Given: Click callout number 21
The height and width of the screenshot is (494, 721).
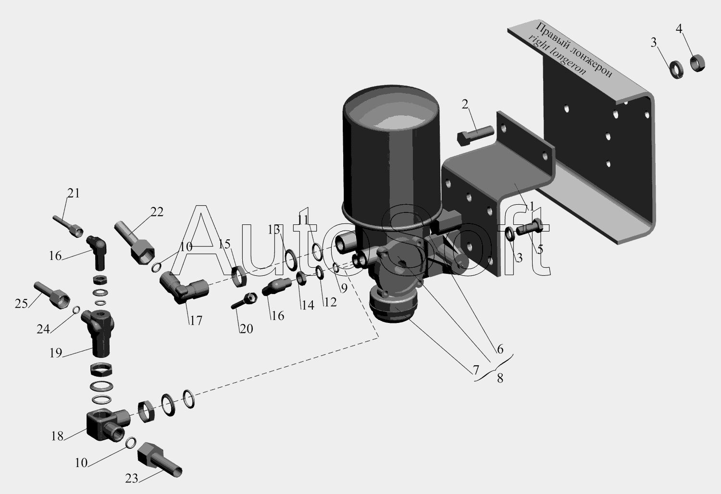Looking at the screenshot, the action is point(74,193).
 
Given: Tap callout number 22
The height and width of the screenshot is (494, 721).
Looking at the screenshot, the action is point(157,212).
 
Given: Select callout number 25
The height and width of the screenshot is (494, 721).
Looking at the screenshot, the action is point(21,304).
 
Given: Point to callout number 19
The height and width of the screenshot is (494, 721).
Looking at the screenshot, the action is point(56,353).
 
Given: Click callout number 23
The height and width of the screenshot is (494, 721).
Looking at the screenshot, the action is point(132,479).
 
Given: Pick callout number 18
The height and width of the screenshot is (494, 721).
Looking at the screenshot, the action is point(57,436).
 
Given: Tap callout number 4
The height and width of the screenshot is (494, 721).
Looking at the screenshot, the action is point(679,29).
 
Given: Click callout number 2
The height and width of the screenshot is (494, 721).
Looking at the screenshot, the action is point(465,104).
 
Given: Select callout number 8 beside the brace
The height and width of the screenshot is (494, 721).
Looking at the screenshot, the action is point(500,378).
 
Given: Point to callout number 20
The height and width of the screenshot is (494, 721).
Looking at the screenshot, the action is point(246,329).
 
